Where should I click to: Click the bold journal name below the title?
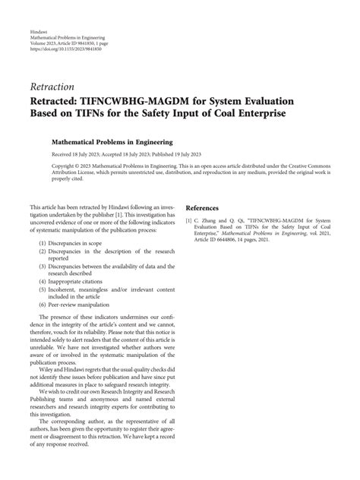pyautogui.click(x=112, y=141)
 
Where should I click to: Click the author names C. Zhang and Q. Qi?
pyautogui.click(x=219, y=221)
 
